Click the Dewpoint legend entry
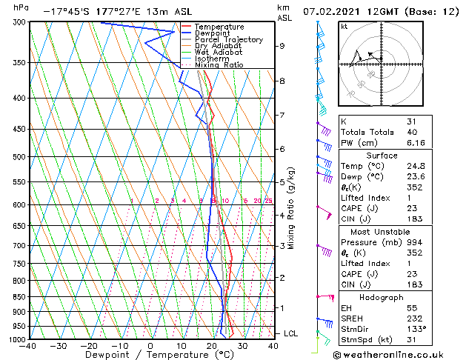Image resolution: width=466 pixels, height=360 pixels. (210, 33)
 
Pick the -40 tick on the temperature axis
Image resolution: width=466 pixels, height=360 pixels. (27, 346)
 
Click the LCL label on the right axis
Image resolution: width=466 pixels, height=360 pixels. (290, 333)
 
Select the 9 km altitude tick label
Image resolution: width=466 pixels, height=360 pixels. (282, 46)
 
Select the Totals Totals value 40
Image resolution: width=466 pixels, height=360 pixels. (412, 132)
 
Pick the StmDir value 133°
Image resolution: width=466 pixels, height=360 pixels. (417, 329)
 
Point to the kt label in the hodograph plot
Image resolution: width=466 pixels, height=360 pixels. (344, 27)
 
